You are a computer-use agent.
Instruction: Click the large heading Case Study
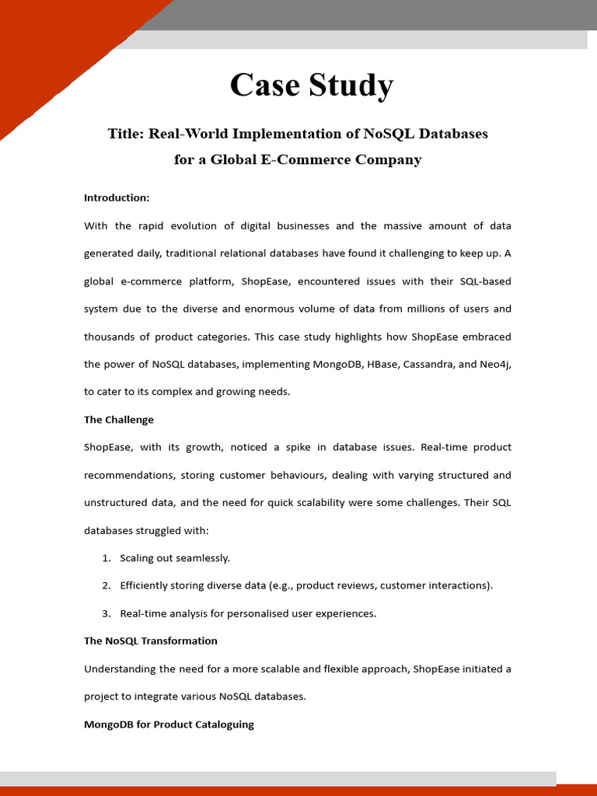click(x=311, y=86)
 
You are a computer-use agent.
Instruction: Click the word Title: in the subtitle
click(x=126, y=134)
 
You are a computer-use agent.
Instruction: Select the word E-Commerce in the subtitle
click(x=262, y=160)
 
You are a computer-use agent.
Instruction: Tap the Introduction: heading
click(x=117, y=198)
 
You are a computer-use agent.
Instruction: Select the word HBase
click(x=378, y=364)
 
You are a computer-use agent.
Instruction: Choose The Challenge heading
click(x=119, y=420)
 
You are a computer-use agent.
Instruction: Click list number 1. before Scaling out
click(x=106, y=558)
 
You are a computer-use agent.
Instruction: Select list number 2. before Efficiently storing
click(x=106, y=585)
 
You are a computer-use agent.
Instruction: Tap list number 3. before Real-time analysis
click(x=106, y=613)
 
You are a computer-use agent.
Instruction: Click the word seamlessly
click(x=201, y=558)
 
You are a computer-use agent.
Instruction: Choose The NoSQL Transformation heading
click(x=151, y=641)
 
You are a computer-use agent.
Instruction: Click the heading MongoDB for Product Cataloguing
click(x=169, y=724)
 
